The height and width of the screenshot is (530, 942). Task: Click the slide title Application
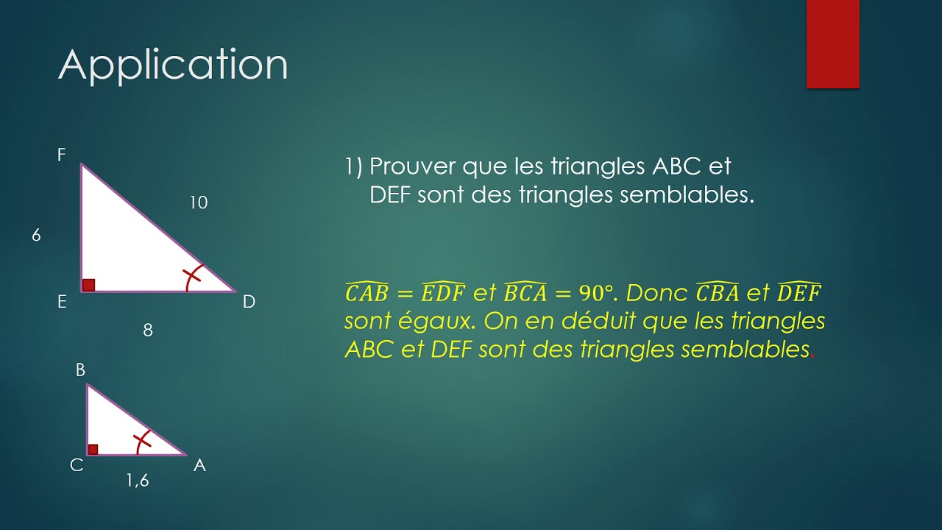point(173,66)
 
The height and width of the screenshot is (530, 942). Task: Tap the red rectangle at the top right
point(832,44)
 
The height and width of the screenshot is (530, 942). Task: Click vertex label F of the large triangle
point(62,155)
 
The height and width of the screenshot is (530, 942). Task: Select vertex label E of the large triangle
point(62,302)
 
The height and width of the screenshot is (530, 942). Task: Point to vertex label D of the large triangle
point(249,302)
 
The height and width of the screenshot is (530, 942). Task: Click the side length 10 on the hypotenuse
point(198,202)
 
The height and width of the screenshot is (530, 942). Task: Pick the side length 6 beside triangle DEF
point(36,236)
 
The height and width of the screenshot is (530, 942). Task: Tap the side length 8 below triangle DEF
point(148,331)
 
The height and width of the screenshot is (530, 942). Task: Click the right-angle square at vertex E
point(88,285)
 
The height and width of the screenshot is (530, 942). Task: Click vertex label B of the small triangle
point(81,370)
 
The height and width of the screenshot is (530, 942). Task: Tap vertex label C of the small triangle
point(77,465)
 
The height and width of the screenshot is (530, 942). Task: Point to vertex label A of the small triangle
point(199,465)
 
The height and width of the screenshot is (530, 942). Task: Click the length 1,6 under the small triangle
point(137,481)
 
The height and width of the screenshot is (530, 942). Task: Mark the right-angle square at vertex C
point(93,449)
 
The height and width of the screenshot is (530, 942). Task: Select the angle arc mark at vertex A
point(143,441)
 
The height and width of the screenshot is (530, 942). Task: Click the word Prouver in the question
point(413,166)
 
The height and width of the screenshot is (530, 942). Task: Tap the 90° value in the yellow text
point(596,294)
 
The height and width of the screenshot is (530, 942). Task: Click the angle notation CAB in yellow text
point(366,293)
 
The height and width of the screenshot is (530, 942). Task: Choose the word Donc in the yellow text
point(656,294)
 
